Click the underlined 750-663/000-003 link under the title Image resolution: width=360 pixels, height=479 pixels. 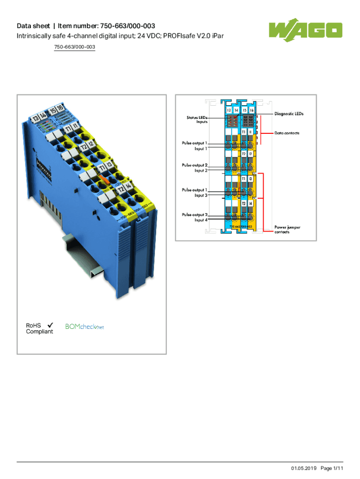75,47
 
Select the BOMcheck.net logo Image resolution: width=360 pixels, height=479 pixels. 84,327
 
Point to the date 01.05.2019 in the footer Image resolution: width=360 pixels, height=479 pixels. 304,468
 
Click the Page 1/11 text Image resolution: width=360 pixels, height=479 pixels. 332,468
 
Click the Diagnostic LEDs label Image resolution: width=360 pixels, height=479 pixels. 289,114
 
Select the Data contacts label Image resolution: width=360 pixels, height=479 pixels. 287,133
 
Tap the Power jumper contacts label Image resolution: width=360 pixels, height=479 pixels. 287,229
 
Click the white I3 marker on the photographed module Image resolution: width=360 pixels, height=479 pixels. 108,165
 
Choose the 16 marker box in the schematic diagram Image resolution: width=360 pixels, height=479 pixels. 252,110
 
